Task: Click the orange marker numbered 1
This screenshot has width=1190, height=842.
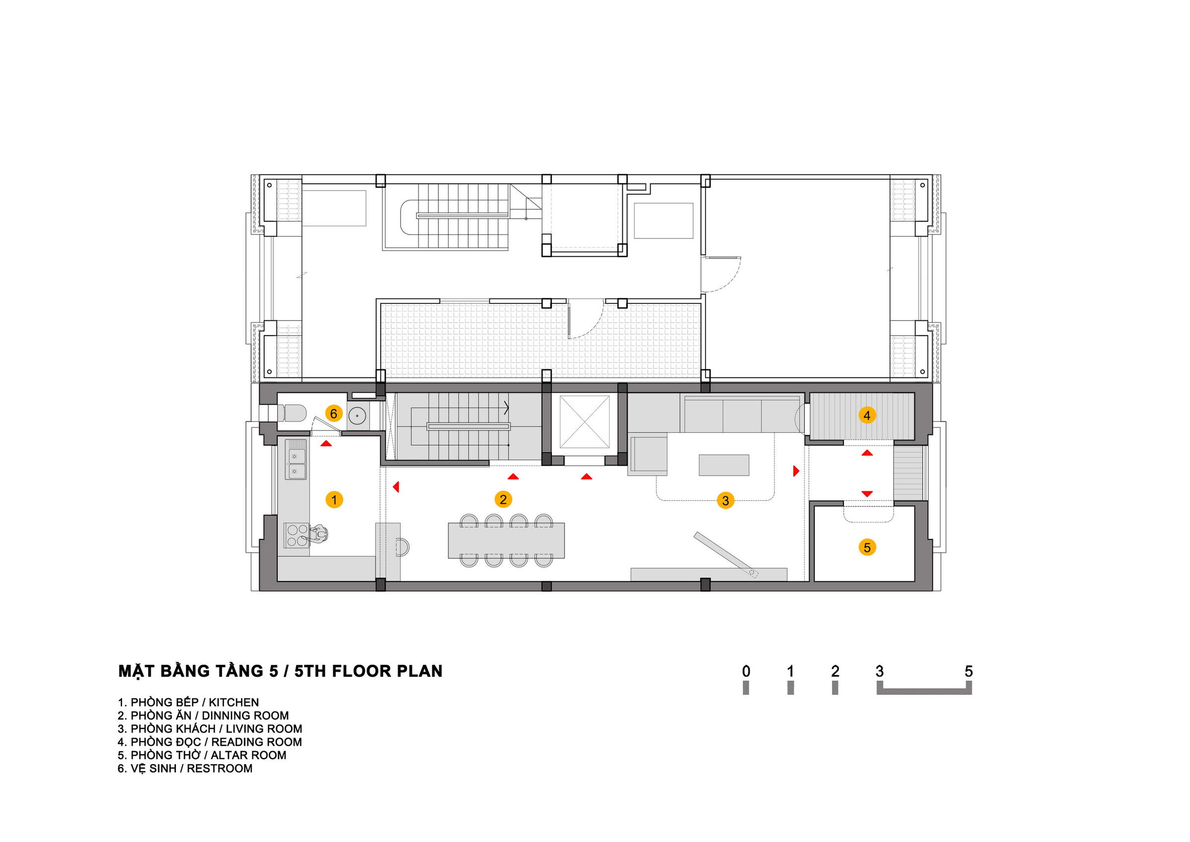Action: click(x=334, y=500)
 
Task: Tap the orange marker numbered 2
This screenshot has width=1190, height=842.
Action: click(x=503, y=499)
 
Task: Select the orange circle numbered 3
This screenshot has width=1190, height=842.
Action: click(x=725, y=500)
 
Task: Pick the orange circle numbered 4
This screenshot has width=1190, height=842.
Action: click(x=867, y=415)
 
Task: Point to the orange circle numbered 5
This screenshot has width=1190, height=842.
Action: click(x=867, y=547)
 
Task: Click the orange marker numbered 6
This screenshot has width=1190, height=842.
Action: click(x=334, y=413)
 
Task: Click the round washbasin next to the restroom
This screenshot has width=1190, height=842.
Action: click(x=357, y=416)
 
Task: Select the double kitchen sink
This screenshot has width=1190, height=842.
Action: click(x=297, y=465)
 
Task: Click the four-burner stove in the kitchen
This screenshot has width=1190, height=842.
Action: click(x=297, y=536)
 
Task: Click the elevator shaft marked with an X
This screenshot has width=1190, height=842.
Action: click(x=586, y=421)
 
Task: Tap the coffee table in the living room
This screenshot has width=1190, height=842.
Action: click(x=723, y=465)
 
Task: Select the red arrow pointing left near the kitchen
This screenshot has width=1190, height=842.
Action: click(x=396, y=487)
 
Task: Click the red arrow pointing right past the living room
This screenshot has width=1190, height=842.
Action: click(x=797, y=471)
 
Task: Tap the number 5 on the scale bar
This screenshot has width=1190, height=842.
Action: click(x=969, y=672)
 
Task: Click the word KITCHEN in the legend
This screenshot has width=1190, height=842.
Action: click(x=234, y=703)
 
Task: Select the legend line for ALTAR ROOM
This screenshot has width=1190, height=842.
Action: click(x=202, y=755)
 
